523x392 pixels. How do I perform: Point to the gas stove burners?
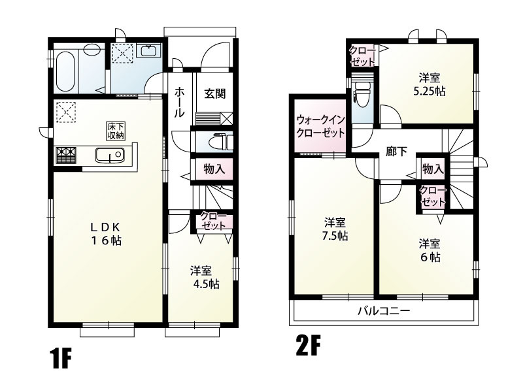pyautogui.click(x=67, y=155)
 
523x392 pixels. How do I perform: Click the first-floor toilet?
pyautogui.click(x=216, y=141)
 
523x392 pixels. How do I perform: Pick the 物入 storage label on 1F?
pyautogui.click(x=214, y=169)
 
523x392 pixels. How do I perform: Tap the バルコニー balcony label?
pyautogui.click(x=384, y=312)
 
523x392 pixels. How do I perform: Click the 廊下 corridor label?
pyautogui.click(x=396, y=151)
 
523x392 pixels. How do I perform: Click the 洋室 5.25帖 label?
pyautogui.click(x=430, y=85)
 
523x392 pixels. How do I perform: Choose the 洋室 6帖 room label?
pyautogui.click(x=430, y=250)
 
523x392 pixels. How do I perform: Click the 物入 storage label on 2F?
pyautogui.click(x=433, y=169)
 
